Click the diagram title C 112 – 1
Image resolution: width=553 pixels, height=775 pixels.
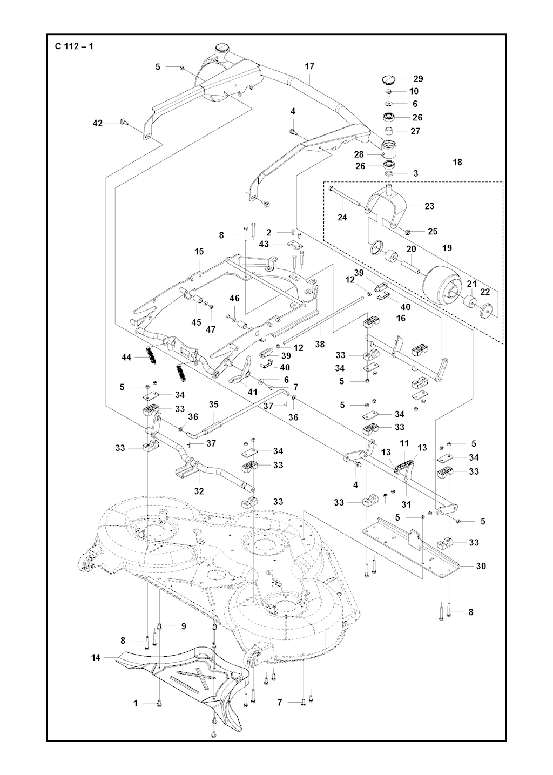(x=74, y=46)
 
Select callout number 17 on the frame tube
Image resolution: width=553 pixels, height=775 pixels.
(x=309, y=66)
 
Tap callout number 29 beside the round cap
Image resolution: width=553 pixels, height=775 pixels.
(x=418, y=79)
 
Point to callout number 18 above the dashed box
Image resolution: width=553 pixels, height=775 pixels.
(x=457, y=162)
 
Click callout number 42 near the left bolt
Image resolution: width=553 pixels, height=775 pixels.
(x=97, y=123)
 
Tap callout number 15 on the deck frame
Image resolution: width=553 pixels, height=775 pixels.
(x=199, y=252)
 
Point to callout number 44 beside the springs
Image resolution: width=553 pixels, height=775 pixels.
(x=127, y=358)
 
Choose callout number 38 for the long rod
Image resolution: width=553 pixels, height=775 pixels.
(x=320, y=343)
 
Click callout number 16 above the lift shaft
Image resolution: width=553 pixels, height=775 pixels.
(x=401, y=319)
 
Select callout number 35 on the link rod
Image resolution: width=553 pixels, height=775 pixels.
(x=213, y=404)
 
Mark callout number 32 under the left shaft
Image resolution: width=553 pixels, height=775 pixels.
(x=199, y=491)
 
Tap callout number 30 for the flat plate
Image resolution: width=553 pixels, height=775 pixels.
(x=481, y=566)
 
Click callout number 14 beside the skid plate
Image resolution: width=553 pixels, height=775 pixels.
(x=96, y=658)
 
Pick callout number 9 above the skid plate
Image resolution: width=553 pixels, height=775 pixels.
(x=183, y=626)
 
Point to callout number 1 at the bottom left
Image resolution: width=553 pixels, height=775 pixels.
(x=136, y=703)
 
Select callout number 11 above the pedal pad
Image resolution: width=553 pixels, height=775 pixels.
(x=404, y=443)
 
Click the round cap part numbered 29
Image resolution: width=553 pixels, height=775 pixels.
(x=388, y=79)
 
